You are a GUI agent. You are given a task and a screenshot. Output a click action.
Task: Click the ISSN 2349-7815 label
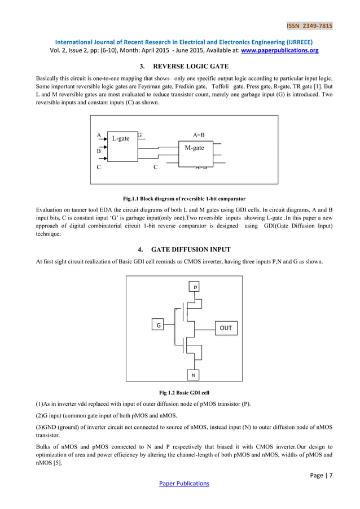pos(309,25)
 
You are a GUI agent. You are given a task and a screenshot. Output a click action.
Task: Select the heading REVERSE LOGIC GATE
pos(179,66)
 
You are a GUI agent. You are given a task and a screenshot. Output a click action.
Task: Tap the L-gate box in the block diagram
pos(122,145)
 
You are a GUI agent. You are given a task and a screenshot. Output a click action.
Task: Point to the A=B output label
pos(199,135)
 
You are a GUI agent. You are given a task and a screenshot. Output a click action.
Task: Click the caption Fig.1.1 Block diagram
pos(184,199)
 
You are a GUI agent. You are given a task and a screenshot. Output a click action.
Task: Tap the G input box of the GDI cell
pos(159,326)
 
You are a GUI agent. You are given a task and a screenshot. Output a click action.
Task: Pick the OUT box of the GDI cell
pos(225,328)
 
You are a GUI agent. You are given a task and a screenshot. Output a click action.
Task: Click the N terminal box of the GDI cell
pos(193,375)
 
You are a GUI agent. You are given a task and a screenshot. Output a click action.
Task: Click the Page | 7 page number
pos(321,475)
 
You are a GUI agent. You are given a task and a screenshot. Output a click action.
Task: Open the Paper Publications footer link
pos(184,484)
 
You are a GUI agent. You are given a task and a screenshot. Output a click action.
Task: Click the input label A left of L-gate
pos(99,135)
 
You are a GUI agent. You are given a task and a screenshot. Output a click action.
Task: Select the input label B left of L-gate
pos(99,151)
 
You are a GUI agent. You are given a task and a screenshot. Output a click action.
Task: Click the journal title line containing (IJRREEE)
pos(180,41)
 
